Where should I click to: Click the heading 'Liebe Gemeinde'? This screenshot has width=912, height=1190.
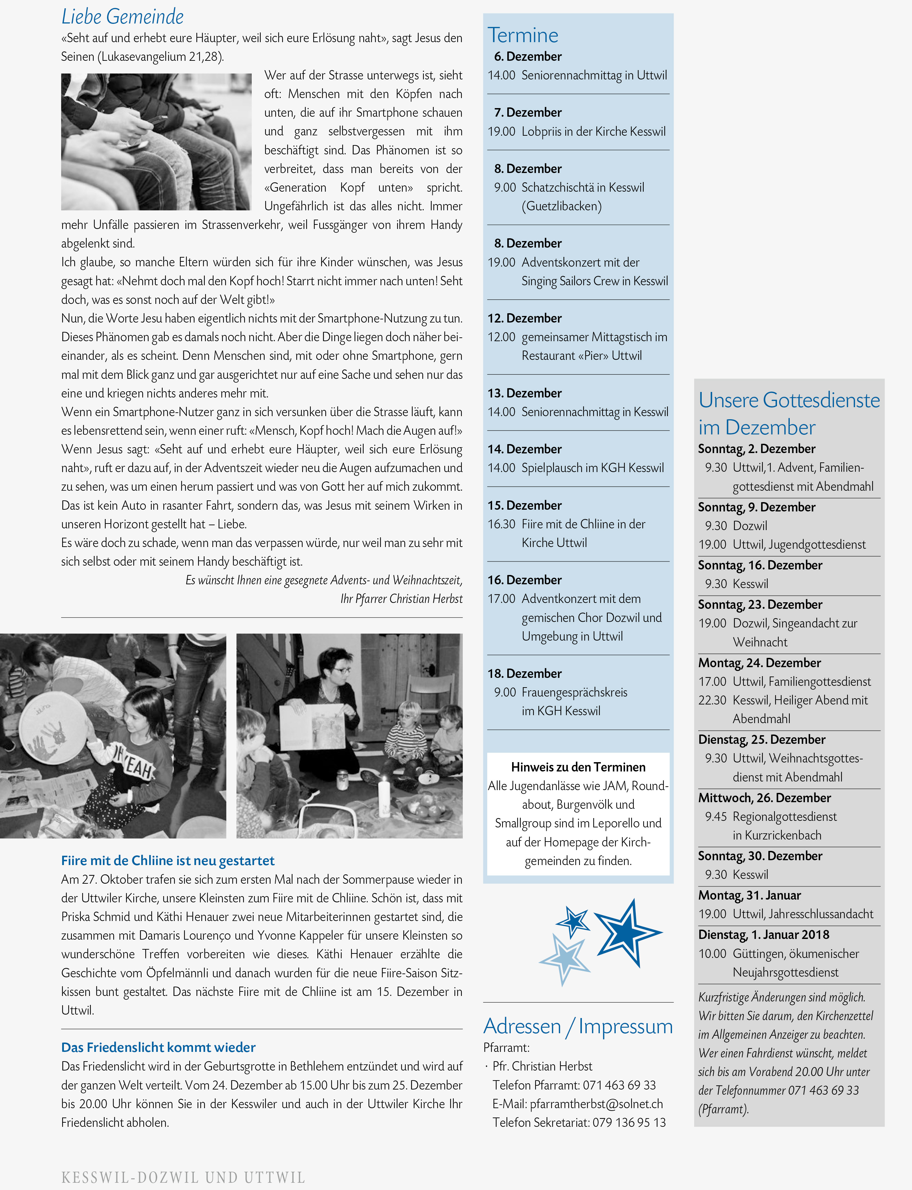coord(122,16)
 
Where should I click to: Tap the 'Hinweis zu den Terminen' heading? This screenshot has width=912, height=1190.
coord(578,767)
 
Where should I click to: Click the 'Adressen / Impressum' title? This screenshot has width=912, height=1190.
coord(578,1026)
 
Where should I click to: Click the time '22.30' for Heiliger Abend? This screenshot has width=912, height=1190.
coord(712,700)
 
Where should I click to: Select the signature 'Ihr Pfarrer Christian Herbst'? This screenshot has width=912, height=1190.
coord(401,599)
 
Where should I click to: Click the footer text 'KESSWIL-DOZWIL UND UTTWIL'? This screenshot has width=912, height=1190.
coord(183,1178)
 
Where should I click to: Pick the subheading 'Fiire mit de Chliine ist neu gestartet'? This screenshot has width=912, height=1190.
coord(168,861)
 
